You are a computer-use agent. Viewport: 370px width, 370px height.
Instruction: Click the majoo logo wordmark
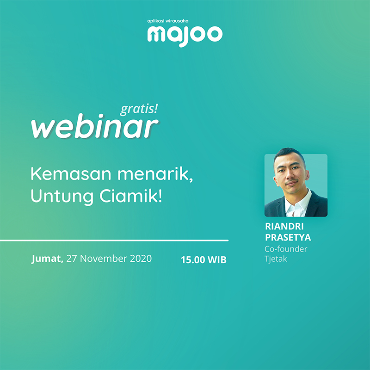[185, 36]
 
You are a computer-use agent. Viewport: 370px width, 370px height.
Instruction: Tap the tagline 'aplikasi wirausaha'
[168, 21]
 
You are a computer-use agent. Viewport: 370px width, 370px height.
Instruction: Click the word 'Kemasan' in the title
[71, 174]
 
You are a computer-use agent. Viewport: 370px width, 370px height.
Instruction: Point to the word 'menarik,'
[155, 174]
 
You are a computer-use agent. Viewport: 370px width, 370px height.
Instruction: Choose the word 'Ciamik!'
[131, 196]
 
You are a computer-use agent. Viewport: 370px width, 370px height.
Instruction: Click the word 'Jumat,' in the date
[47, 259]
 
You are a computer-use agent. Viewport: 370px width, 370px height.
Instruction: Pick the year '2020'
[141, 259]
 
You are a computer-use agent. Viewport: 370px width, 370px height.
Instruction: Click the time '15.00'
[193, 260]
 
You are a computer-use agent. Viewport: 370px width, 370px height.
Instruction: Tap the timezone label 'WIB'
[217, 260]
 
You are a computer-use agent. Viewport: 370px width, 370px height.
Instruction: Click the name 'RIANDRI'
[284, 227]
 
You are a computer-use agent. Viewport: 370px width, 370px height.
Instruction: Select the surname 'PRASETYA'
[288, 237]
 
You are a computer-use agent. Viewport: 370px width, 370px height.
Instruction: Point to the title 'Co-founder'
[286, 249]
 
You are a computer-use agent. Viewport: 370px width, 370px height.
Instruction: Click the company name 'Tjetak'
[276, 259]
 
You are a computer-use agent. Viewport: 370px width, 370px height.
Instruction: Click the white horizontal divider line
[114, 240]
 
